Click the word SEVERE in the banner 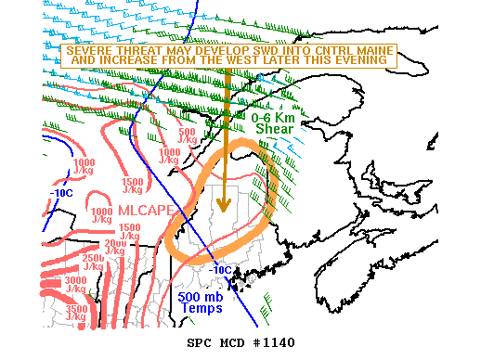(90, 49)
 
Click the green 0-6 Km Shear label (274, 123)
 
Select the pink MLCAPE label (145, 211)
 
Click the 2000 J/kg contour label (114, 246)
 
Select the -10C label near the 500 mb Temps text (220, 270)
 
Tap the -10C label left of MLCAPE (61, 194)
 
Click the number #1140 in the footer (277, 342)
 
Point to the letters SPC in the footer (200, 342)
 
